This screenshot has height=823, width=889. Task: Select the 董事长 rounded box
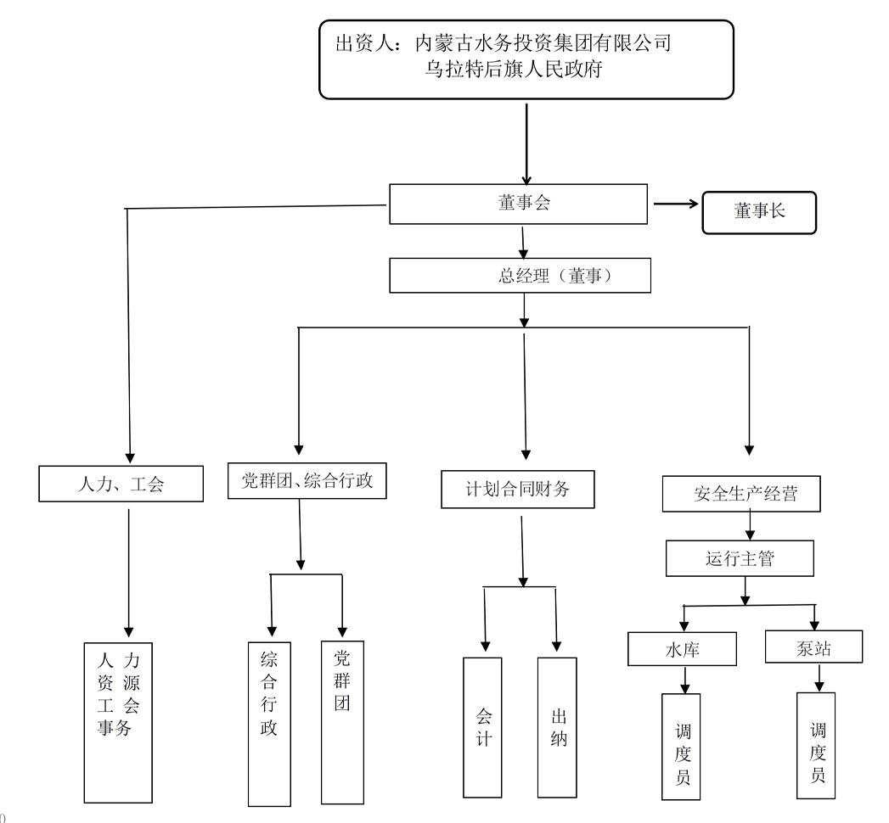point(758,212)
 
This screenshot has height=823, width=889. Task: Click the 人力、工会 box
point(121,485)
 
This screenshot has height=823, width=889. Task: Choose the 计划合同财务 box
point(517,490)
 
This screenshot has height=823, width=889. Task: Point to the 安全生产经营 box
point(741,494)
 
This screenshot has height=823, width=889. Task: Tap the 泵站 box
point(814,647)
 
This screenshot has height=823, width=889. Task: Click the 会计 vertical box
point(484,727)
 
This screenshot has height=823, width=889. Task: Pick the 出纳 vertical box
point(558,727)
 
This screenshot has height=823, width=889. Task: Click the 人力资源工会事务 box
point(119,721)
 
